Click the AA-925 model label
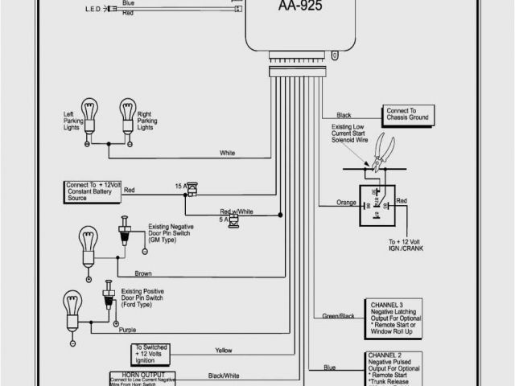(286, 10)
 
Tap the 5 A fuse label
(222, 218)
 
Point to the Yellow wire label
(224, 350)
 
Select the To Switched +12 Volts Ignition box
(156, 354)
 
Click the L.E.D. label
(94, 10)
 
